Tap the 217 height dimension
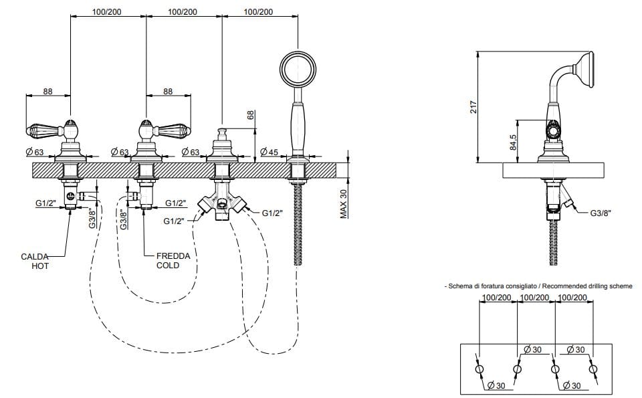click(x=473, y=106)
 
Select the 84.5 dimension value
click(x=513, y=141)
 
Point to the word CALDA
click(x=34, y=256)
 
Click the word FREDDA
click(x=173, y=256)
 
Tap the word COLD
click(x=168, y=266)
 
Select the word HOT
click(x=40, y=266)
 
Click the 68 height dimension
click(x=251, y=115)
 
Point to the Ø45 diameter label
click(x=269, y=153)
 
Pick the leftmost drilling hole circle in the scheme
click(x=479, y=369)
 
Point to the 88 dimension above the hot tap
click(x=47, y=92)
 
